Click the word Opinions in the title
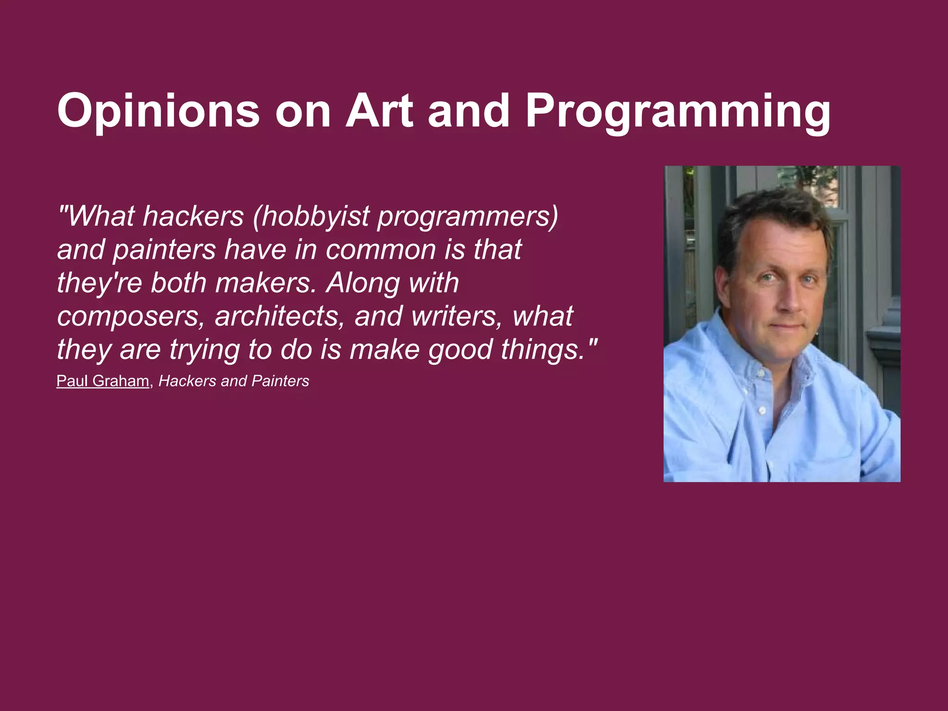pyautogui.click(x=158, y=112)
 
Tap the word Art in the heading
pyautogui.click(x=380, y=111)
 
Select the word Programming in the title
pyautogui.click(x=678, y=112)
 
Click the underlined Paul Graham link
pyautogui.click(x=103, y=381)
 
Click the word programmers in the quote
pyautogui.click(x=468, y=217)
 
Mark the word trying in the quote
pyautogui.click(x=204, y=350)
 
